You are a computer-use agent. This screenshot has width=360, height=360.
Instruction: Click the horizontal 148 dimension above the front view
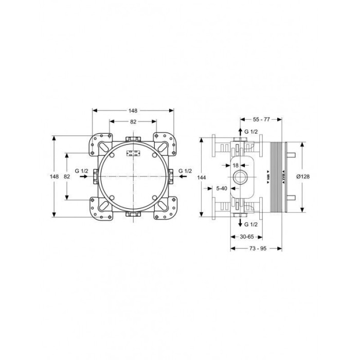133,111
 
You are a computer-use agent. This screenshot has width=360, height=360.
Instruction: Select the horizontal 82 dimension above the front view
133,122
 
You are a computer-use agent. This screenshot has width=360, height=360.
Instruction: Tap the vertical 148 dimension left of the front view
54,176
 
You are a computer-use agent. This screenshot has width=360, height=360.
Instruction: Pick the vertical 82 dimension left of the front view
67,176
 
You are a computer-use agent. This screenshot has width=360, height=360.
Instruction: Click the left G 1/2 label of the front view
81,171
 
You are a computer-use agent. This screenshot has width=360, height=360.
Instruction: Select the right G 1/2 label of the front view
185,171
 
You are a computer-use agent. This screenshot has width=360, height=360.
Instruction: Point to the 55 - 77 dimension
261,119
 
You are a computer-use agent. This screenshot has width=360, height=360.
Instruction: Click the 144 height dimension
202,177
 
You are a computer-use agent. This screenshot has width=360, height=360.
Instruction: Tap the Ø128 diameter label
303,176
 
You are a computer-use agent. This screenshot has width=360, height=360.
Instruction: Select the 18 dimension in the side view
236,165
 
